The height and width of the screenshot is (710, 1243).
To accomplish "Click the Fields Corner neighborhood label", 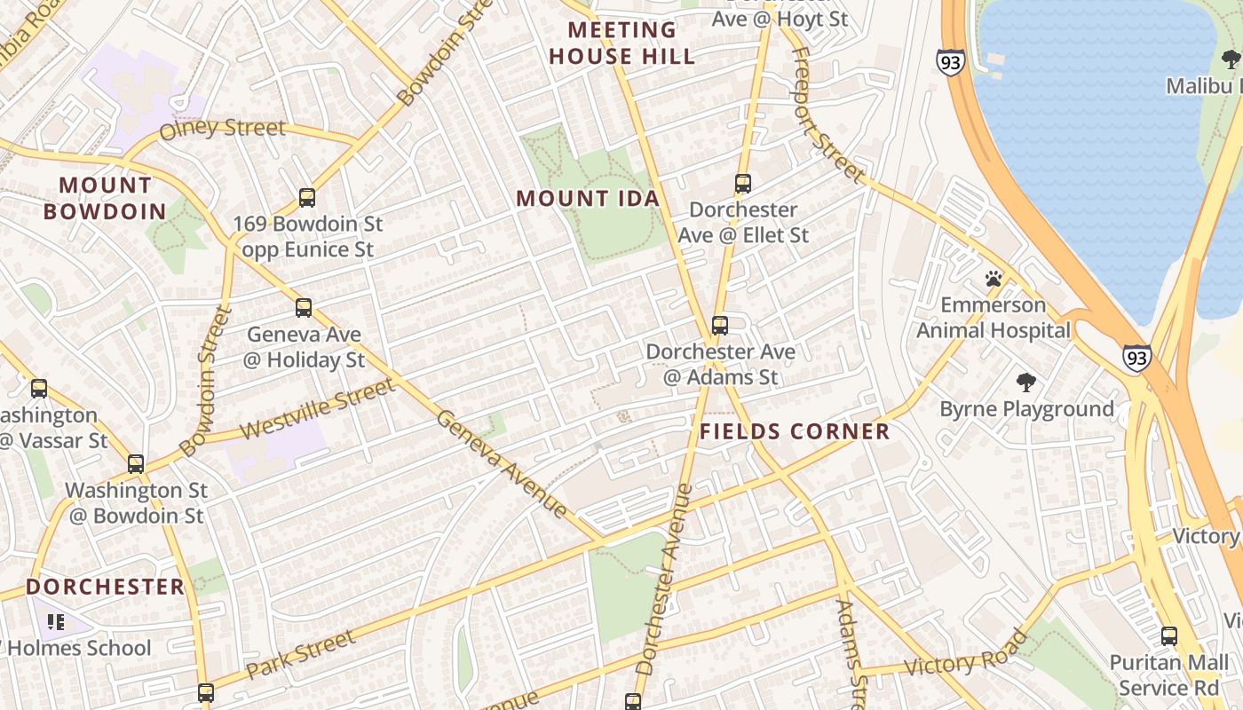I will pyautogui.click(x=795, y=432).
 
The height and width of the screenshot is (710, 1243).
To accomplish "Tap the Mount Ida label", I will pyautogui.click(x=588, y=199).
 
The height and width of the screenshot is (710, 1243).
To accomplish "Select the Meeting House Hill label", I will pyautogui.click(x=621, y=43).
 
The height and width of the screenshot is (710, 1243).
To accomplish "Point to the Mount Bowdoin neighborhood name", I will pyautogui.click(x=105, y=199).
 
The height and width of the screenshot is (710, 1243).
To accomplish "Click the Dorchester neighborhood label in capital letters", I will pyautogui.click(x=105, y=587).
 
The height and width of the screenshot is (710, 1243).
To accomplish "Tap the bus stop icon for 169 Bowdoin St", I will pyautogui.click(x=307, y=198).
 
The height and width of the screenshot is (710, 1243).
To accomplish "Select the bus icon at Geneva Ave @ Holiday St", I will pyautogui.click(x=304, y=308).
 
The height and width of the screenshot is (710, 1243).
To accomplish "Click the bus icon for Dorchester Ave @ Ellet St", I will pyautogui.click(x=743, y=184).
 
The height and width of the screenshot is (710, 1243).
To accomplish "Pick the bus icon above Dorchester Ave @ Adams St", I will pyautogui.click(x=720, y=325).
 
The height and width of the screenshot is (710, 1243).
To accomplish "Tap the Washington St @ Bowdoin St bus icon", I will pyautogui.click(x=136, y=464).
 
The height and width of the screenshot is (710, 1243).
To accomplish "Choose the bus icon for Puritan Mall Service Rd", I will pyautogui.click(x=1169, y=636).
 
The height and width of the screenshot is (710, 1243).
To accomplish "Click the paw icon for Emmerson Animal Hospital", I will pyautogui.click(x=994, y=280).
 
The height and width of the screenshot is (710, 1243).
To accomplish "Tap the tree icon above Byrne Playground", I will pyautogui.click(x=1026, y=383).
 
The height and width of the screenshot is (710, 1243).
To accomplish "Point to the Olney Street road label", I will pyautogui.click(x=222, y=130).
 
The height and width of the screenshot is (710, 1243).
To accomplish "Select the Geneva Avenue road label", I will pyautogui.click(x=502, y=463).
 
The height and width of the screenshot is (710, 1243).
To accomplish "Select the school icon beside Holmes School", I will pyautogui.click(x=56, y=622).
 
